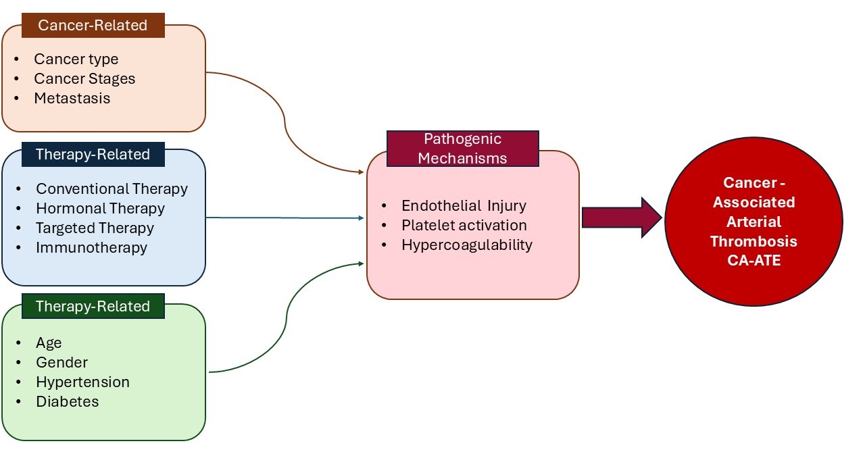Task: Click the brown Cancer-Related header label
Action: (x=93, y=26)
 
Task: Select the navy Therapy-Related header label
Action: (x=93, y=154)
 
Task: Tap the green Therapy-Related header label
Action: (x=93, y=306)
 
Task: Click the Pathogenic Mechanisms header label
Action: (x=462, y=149)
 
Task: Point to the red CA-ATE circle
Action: (x=753, y=222)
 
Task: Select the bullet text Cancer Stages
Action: (x=84, y=78)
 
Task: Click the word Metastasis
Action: (x=72, y=98)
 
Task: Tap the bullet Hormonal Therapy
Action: (x=100, y=208)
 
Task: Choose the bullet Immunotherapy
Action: (x=91, y=247)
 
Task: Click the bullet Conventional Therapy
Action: (x=112, y=188)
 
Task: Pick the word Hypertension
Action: (x=82, y=382)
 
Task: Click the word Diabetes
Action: (x=67, y=401)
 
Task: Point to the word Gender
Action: (x=61, y=362)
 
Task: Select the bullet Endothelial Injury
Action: (x=464, y=205)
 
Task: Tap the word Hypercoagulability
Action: (x=466, y=245)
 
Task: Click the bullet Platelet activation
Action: (x=464, y=225)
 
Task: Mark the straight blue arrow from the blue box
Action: (x=284, y=218)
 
